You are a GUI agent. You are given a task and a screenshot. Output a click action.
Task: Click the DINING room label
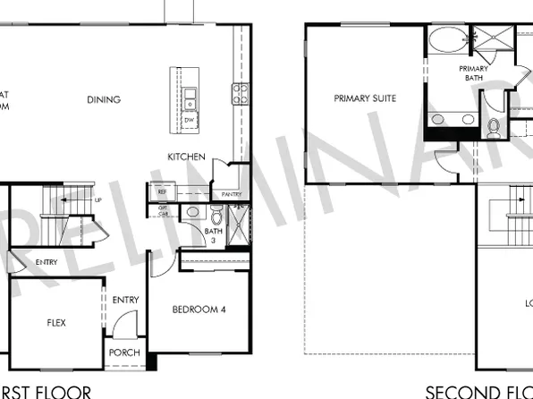(104, 99)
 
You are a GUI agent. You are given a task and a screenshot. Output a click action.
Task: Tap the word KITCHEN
(187, 157)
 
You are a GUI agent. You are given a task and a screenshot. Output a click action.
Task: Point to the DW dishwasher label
(189, 119)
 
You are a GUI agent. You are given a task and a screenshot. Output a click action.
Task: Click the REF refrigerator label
(163, 191)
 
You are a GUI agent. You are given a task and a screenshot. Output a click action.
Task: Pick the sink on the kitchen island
(190, 94)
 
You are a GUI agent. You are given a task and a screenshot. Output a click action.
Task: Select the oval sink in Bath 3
(191, 212)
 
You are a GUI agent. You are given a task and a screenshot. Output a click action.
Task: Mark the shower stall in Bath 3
(238, 224)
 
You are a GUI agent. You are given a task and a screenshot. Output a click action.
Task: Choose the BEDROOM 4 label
(199, 310)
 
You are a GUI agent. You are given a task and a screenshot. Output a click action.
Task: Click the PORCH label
(124, 352)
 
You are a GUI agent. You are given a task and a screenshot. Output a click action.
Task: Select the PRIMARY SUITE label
(365, 98)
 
